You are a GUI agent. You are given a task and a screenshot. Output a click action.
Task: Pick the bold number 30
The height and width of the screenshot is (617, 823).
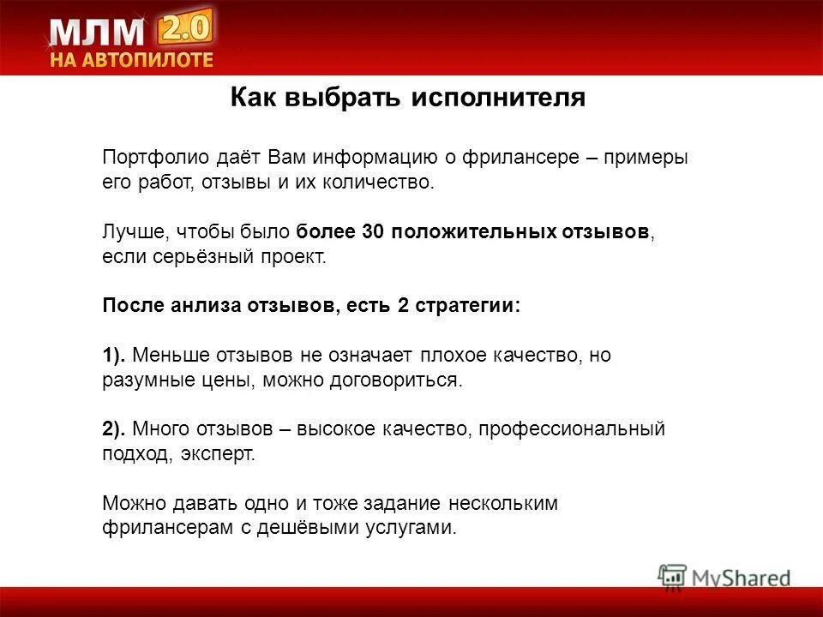pos(373,232)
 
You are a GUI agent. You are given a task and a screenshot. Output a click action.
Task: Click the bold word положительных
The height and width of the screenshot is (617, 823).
pos(473,232)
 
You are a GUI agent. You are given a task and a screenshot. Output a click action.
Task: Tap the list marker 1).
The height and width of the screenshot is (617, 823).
pos(117,356)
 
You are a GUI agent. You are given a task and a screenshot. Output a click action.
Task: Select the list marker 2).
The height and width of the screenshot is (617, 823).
pos(117,429)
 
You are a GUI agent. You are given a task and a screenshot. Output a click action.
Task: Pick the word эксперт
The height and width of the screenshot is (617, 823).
pos(219,453)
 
